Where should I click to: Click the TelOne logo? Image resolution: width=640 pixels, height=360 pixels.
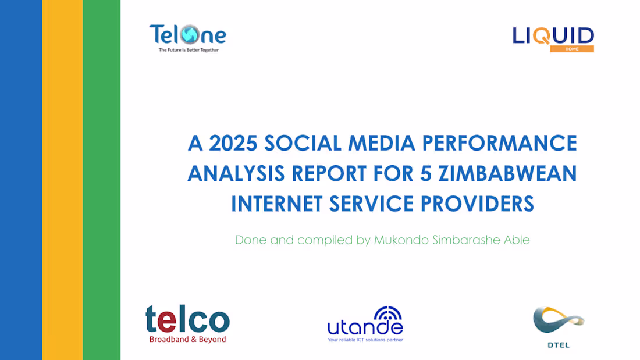[x=188, y=38]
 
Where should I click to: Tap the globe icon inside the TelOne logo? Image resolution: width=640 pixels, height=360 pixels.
[x=190, y=34]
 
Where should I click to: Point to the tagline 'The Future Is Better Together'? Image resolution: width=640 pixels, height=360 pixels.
[x=189, y=50]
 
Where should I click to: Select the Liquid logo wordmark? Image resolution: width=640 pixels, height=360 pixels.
[x=553, y=36]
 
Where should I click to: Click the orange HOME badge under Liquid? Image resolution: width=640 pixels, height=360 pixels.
[x=572, y=49]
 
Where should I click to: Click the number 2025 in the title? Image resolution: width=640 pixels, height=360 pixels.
[x=233, y=143]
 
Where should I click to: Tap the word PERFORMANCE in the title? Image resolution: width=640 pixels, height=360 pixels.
[x=499, y=143]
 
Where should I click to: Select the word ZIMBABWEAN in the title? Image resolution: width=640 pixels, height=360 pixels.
[x=508, y=173]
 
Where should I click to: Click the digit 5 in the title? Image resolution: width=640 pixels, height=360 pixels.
[x=426, y=173]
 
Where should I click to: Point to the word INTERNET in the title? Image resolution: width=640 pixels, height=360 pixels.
[x=277, y=204]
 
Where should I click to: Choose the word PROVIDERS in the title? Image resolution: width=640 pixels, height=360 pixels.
[x=477, y=204]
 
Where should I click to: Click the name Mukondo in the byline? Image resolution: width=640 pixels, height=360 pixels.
[x=400, y=240]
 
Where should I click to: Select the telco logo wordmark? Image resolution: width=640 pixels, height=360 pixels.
[x=187, y=319]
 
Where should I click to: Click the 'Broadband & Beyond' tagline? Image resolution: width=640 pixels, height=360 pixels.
[x=188, y=339]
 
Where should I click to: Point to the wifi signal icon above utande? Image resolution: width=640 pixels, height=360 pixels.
[x=387, y=313]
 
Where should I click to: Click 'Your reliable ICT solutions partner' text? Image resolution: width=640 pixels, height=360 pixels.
[x=365, y=340]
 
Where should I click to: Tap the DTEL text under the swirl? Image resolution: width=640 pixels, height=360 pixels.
[x=559, y=345]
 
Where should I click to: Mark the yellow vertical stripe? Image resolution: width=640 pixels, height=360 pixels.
[x=62, y=180]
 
